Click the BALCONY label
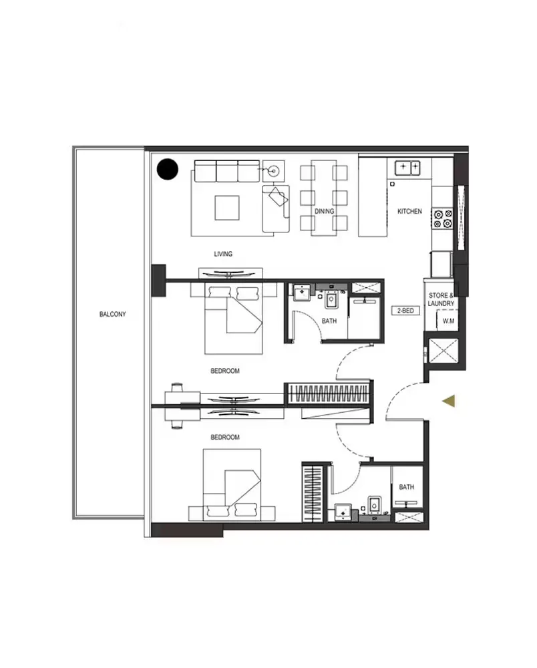click(112, 314)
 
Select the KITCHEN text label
click(409, 211)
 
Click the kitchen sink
click(407, 166)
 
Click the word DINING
click(324, 211)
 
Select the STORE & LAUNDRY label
click(441, 299)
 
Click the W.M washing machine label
click(448, 321)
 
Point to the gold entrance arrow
click(450, 401)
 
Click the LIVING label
click(223, 254)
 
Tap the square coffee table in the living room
click(226, 207)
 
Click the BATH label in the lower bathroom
click(406, 487)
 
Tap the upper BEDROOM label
click(224, 371)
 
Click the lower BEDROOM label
click(224, 438)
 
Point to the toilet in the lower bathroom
click(374, 505)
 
